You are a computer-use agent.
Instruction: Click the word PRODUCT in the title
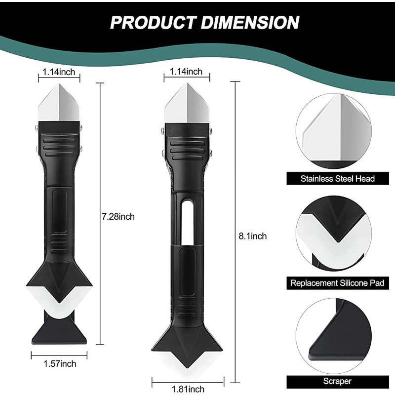(x=153, y=22)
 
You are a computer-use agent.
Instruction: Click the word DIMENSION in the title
(x=250, y=22)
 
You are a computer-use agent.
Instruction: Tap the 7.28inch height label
(x=118, y=217)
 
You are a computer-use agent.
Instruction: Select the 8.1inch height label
(x=253, y=236)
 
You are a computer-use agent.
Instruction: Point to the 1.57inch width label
(x=60, y=364)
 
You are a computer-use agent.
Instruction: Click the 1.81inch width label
(x=188, y=389)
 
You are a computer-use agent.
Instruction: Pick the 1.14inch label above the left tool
(x=59, y=72)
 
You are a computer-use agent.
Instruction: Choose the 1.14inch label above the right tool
(x=186, y=72)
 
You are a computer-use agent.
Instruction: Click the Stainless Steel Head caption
(x=338, y=179)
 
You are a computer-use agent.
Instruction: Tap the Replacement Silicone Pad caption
(x=337, y=283)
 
